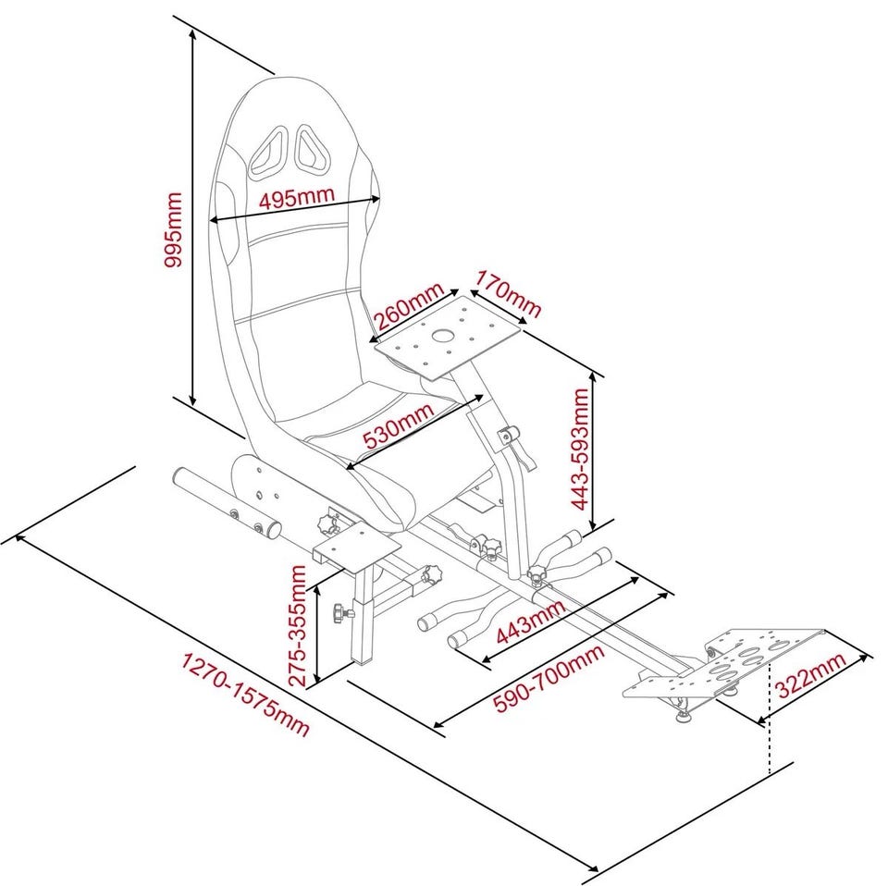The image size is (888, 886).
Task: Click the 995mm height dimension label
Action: [173, 230]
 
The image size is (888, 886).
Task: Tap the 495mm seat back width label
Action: [296, 199]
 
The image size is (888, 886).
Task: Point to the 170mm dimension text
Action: [507, 293]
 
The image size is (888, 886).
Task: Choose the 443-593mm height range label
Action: [580, 448]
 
